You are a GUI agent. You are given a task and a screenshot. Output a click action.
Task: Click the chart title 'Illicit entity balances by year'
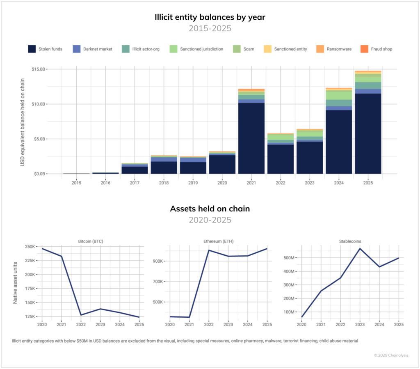pyautogui.click(x=210, y=17)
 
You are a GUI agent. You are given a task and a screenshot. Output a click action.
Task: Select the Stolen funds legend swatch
pyautogui.click(x=32, y=49)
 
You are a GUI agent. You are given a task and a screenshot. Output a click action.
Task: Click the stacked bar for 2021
pyautogui.click(x=251, y=131)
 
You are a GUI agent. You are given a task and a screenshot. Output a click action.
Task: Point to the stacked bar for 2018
pyautogui.click(x=164, y=165)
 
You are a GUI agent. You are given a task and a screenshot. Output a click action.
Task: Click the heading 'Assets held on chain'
pyautogui.click(x=210, y=209)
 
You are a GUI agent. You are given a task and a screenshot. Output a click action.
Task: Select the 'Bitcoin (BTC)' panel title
pyautogui.click(x=90, y=241)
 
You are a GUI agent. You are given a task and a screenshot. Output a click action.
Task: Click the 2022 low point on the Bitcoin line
pyautogui.click(x=81, y=315)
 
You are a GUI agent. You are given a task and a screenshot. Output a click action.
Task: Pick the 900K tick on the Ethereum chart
pyautogui.click(x=158, y=261)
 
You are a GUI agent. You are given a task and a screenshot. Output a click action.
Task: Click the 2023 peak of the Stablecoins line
pyautogui.click(x=360, y=248)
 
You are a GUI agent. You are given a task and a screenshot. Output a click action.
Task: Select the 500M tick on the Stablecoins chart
pyautogui.click(x=289, y=258)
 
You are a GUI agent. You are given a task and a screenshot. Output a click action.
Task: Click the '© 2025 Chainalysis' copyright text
pyautogui.click(x=390, y=355)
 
